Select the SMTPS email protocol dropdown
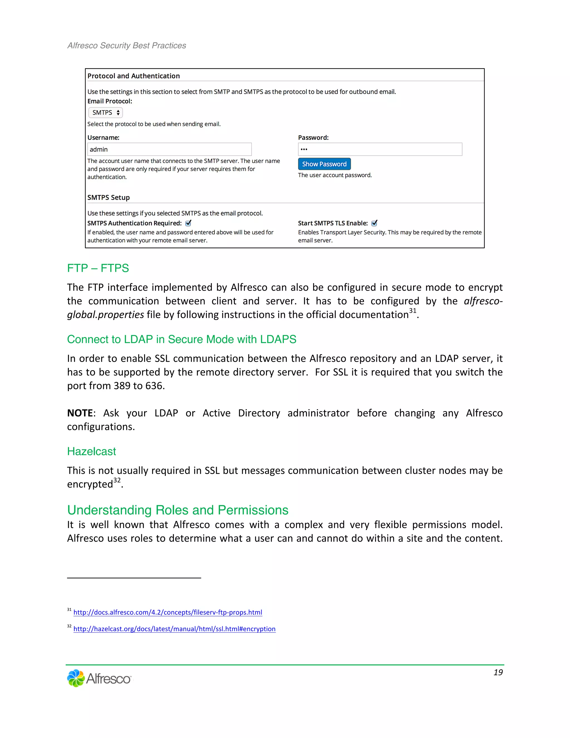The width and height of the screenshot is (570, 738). (x=105, y=113)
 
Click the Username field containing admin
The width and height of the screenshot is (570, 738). (x=169, y=149)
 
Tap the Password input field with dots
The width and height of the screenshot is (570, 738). (x=380, y=149)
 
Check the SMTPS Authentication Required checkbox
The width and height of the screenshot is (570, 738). (x=188, y=223)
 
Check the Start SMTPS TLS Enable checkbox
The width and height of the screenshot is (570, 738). (x=374, y=223)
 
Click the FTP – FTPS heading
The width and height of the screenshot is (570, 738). (x=98, y=268)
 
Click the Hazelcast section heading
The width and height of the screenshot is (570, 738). (x=92, y=451)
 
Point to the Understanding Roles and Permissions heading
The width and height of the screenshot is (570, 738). (x=178, y=510)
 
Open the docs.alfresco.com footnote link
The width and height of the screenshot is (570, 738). (x=168, y=612)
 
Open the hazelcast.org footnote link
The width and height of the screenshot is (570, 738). (x=175, y=629)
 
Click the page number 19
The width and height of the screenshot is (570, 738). (x=498, y=673)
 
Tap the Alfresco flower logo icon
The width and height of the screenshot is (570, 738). (x=76, y=678)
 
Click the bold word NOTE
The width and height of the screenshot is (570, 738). (x=80, y=413)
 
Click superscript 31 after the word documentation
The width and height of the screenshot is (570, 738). (x=413, y=311)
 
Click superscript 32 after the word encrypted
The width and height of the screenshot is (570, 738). (x=117, y=480)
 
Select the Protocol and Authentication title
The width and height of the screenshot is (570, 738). (x=133, y=76)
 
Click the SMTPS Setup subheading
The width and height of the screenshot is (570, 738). (x=108, y=197)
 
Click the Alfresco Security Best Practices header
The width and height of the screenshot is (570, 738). (x=127, y=46)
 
